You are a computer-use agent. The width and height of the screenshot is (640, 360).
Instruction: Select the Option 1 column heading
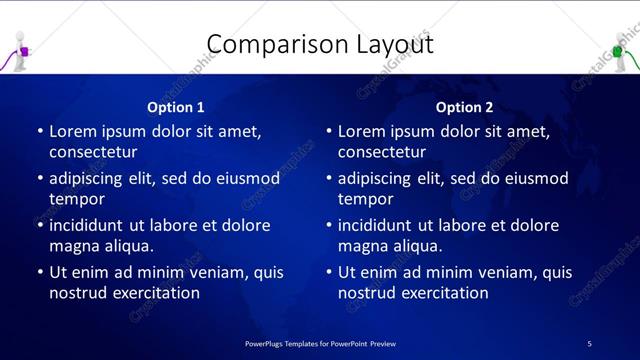[x=176, y=106]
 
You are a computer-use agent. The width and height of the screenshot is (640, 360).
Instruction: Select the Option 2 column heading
[x=465, y=106]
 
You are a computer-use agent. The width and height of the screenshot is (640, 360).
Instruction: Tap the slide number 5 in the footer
[x=589, y=343]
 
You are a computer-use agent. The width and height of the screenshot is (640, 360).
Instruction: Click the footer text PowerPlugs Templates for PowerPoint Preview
[x=320, y=343]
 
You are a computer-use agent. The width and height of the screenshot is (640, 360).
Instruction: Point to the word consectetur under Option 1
[x=92, y=152]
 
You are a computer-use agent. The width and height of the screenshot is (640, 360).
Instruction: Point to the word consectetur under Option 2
[x=381, y=152]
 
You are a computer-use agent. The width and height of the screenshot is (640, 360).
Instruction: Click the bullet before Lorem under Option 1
[x=40, y=131]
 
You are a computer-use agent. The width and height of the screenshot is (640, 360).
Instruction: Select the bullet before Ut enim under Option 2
[x=329, y=272]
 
